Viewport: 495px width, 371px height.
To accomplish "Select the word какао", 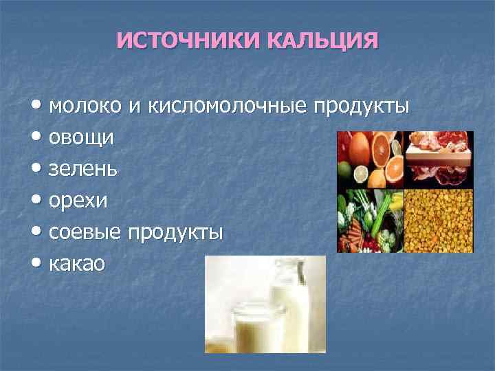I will tap(78, 263).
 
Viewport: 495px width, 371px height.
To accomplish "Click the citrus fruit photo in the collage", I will tap(369, 157).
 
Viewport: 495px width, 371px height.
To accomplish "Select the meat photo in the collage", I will tap(438, 157).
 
